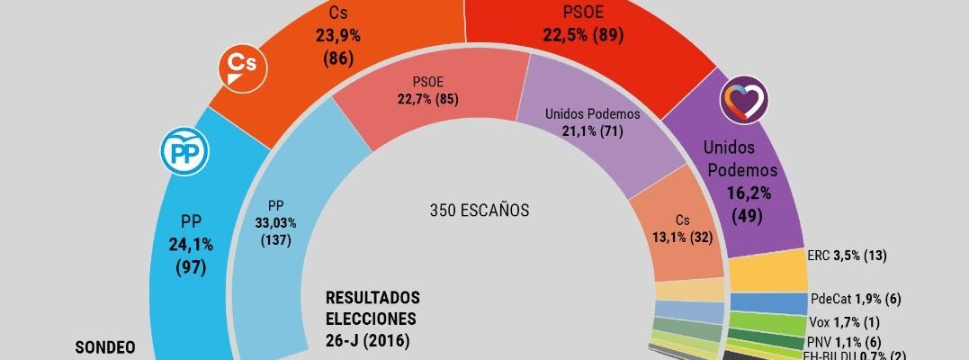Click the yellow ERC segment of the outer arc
coord(767,270)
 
